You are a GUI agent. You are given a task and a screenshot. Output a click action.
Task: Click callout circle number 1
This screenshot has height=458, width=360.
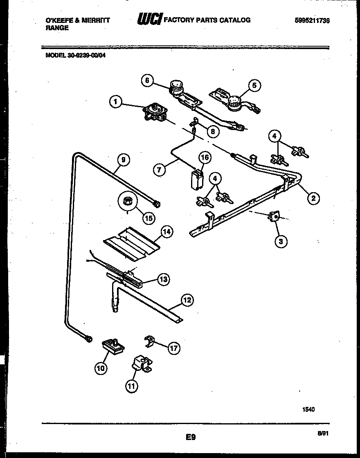click(x=117, y=102)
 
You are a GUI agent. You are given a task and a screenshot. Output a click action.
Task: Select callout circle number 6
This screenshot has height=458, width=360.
click(x=147, y=81)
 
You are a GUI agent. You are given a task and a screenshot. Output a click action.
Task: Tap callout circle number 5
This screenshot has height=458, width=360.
click(x=254, y=85)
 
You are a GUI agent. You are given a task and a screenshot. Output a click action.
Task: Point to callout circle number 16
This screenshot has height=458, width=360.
click(x=205, y=157)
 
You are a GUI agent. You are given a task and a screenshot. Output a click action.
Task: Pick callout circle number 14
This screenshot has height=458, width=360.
click(x=166, y=232)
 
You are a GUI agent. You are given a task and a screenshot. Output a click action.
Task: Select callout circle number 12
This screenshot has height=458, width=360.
click(x=187, y=300)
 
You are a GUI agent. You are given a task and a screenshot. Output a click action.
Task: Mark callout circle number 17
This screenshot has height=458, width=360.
click(x=174, y=348)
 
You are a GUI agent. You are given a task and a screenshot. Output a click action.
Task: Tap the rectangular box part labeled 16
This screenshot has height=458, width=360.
click(x=197, y=179)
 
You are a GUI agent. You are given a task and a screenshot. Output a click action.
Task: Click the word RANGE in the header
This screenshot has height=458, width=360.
click(x=57, y=28)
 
